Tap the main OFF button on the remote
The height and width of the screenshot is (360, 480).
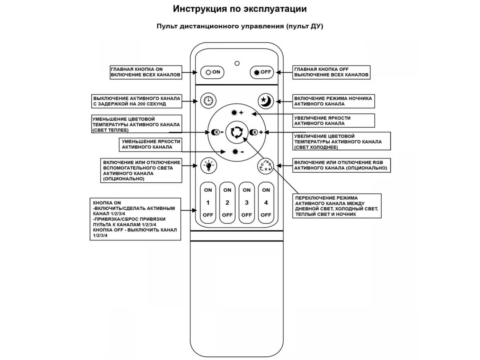click(262, 72)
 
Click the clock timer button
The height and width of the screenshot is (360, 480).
click(208, 101)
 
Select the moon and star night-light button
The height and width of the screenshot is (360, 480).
click(266, 101)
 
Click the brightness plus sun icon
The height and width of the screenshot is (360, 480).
click(237, 113)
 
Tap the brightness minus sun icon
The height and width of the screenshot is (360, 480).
click(238, 152)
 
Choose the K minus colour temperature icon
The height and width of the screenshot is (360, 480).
click(217, 132)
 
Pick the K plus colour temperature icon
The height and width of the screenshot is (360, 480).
click(256, 132)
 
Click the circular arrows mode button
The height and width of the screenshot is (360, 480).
click(237, 132)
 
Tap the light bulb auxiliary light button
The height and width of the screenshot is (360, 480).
click(209, 166)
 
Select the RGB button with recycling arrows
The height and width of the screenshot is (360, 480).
click(266, 166)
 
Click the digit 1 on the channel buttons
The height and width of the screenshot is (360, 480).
click(208, 203)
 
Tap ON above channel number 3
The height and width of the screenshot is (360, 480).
click(246, 190)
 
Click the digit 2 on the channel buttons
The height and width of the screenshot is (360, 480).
click(227, 203)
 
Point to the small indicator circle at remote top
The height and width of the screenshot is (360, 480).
click(237, 63)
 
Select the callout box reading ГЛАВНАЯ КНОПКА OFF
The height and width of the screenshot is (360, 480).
click(331, 72)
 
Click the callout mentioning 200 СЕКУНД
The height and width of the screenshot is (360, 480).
click(137, 101)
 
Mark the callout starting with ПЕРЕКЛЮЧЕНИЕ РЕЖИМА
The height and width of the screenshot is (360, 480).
click(337, 206)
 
